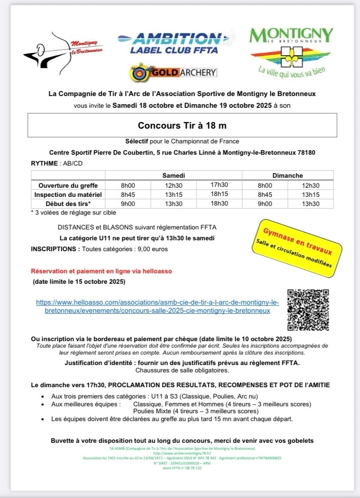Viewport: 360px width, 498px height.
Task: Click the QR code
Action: tap(309, 309)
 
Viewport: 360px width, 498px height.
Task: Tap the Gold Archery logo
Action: tap(173, 73)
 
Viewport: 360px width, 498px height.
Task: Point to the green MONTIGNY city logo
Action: tap(291, 50)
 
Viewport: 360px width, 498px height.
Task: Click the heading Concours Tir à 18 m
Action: tap(182, 126)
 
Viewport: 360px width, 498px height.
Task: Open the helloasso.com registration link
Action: tap(157, 306)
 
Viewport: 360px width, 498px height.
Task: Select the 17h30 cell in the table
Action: tap(220, 185)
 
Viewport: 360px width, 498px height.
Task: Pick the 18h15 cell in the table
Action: tap(220, 194)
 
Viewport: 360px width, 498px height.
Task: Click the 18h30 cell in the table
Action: tap(220, 203)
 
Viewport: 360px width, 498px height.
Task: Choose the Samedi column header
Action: tap(174, 176)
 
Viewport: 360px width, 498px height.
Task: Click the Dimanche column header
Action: tap(287, 176)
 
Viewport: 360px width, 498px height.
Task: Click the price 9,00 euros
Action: tap(153, 249)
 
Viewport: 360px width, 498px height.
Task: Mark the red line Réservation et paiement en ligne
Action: tap(101, 271)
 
